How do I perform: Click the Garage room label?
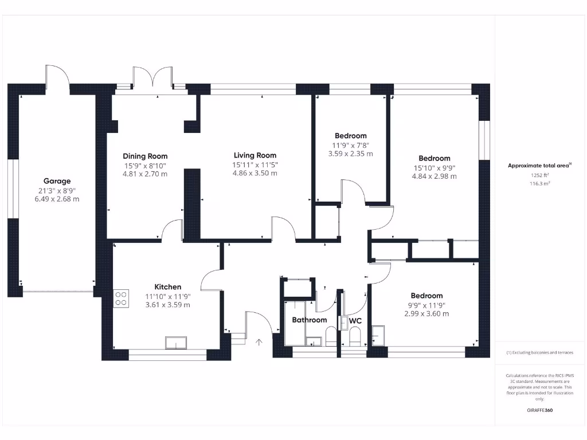[x=57, y=181]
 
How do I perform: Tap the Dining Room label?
[x=145, y=156]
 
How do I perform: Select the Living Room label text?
[x=255, y=155]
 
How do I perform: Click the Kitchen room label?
[x=168, y=287]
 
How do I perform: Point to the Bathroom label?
[x=310, y=320]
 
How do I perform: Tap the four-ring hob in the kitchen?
[x=122, y=298]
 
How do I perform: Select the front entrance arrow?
[x=259, y=343]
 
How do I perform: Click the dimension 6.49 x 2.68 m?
[x=57, y=199]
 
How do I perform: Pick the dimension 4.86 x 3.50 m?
[x=255, y=173]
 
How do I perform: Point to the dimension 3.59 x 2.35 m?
[x=350, y=154]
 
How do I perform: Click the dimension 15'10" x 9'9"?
[x=434, y=168]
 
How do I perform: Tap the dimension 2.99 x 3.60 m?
[x=426, y=313]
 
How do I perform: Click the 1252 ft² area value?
[x=539, y=175]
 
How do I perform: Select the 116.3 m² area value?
[x=539, y=184]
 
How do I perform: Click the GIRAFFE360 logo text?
[x=539, y=410]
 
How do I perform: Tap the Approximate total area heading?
[x=539, y=166]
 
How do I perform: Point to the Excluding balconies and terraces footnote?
[x=539, y=352]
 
